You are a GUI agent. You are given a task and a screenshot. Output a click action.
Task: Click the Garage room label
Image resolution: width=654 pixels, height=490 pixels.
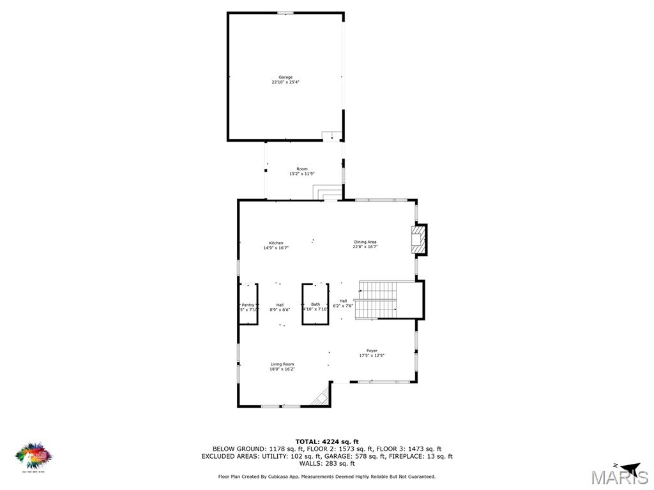(285, 77)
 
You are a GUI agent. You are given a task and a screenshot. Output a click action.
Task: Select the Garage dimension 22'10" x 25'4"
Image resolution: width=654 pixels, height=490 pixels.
(285, 82)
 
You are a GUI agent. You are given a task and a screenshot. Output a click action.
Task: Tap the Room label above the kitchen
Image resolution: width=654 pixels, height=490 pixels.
(301, 169)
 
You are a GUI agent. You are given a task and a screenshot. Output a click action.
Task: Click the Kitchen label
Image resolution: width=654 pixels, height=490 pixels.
(276, 243)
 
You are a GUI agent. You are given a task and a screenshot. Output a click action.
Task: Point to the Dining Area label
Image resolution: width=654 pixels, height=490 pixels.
(365, 242)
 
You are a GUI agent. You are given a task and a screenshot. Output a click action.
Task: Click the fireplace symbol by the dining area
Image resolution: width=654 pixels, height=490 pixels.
(418, 239)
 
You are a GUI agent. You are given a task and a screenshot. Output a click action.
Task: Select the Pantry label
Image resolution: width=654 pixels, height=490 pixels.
(248, 305)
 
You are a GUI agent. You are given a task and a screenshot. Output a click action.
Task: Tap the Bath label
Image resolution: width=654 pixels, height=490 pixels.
(316, 304)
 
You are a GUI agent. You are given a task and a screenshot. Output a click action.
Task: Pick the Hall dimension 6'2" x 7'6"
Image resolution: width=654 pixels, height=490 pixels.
(343, 306)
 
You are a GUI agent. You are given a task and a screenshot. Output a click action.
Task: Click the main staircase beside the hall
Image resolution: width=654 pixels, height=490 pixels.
(377, 300)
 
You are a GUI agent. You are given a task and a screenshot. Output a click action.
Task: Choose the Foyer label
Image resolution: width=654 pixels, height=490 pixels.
(372, 351)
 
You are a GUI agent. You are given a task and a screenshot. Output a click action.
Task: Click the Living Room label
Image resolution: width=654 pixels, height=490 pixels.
(282, 364)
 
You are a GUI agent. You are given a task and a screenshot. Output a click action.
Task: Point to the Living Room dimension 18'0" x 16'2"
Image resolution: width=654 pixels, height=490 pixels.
(282, 369)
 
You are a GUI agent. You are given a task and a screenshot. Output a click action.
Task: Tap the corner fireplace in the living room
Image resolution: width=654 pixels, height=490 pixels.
(321, 397)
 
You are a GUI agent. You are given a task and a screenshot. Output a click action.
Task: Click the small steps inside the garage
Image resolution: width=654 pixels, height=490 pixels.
(331, 135)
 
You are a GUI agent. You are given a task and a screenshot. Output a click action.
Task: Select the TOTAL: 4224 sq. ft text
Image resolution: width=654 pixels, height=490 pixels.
(327, 442)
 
